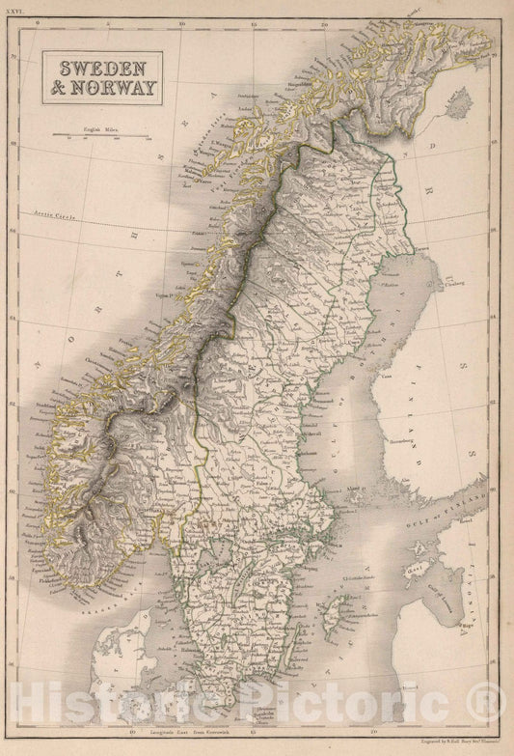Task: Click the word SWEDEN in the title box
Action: tap(99, 70)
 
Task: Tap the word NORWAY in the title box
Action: tap(110, 94)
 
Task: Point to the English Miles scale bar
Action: tap(100, 136)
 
